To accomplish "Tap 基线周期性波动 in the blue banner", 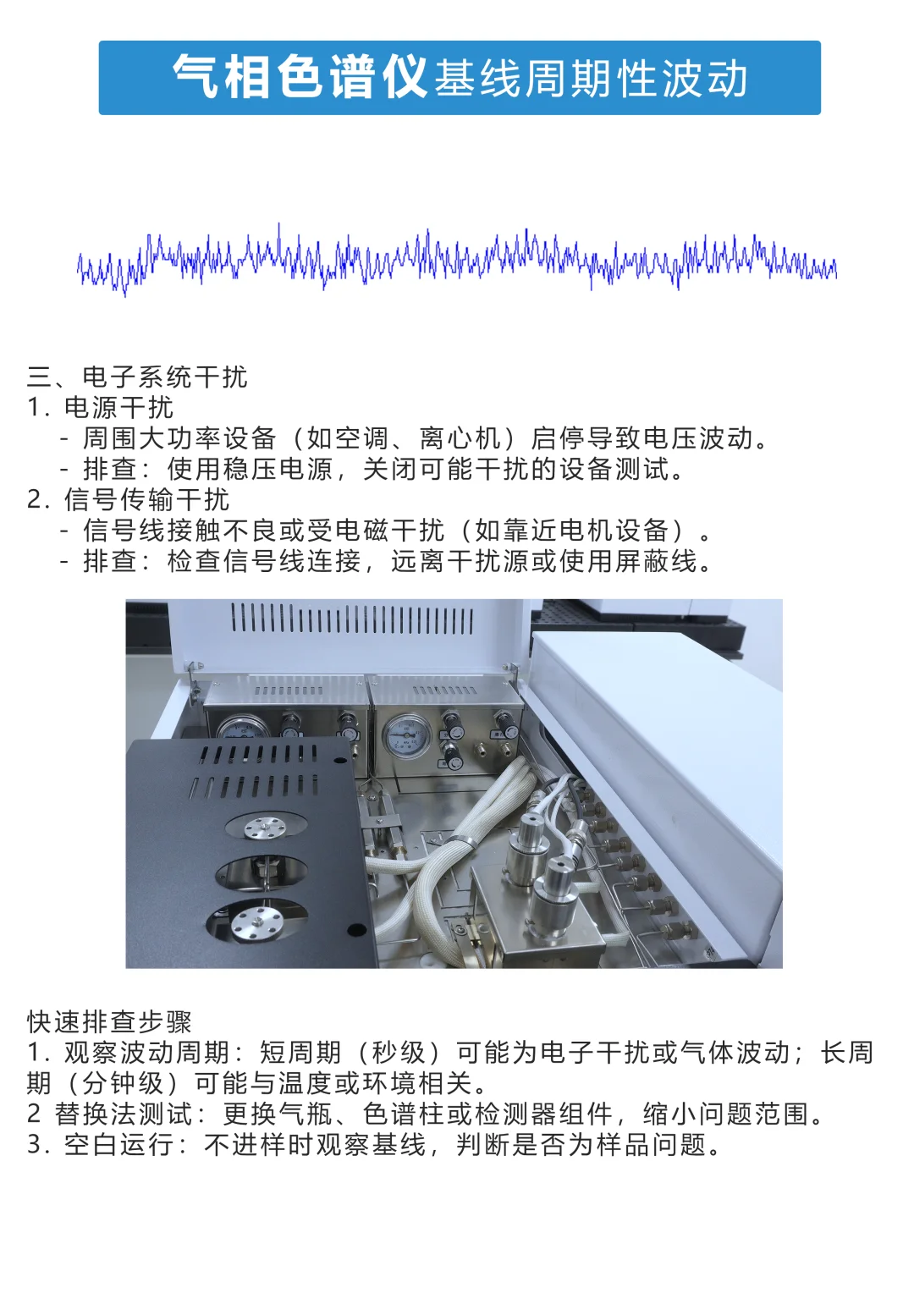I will (x=591, y=80).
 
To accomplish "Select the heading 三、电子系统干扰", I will (x=137, y=377).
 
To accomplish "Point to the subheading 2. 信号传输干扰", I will (x=128, y=499).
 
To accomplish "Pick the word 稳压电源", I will (x=278, y=469).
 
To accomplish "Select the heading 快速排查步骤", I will (x=109, y=1021).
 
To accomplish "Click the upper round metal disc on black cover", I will (x=264, y=827).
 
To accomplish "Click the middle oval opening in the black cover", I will (x=262, y=872).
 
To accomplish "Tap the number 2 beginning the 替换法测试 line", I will (x=33, y=1114).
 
